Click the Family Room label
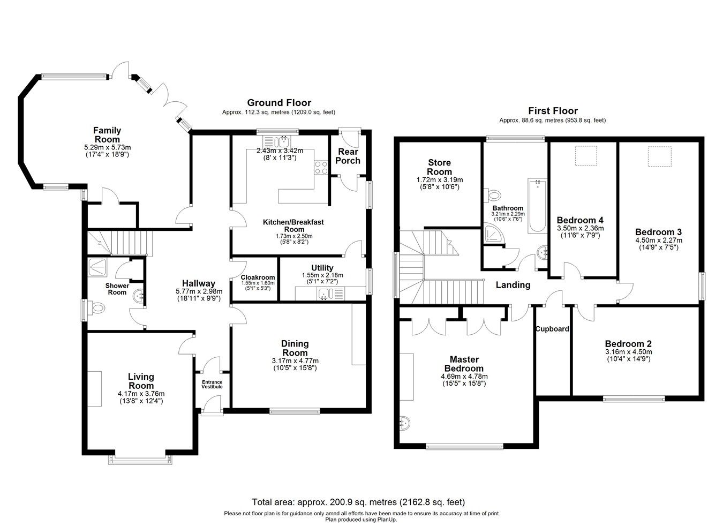tap(107, 135)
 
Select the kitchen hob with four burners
tap(321, 168)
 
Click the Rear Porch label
tap(348, 156)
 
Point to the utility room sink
tap(325, 293)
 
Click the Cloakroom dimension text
tap(258, 285)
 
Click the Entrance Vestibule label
tap(212, 384)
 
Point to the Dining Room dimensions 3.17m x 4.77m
tap(295, 361)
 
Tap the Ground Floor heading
tap(278, 103)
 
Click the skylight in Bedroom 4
tap(583, 155)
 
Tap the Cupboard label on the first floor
tap(552, 329)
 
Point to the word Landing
tap(513, 285)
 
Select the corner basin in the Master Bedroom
tap(404, 423)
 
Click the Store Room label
tap(439, 167)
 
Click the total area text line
tap(358, 502)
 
